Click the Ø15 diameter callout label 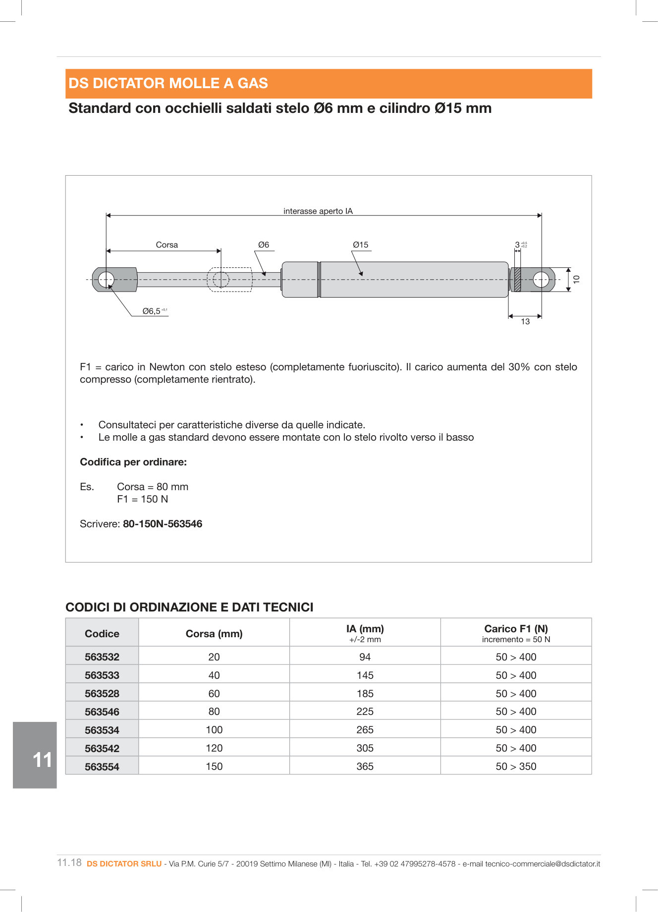[360, 245]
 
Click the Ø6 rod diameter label [264, 245]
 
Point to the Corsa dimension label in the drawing [166, 245]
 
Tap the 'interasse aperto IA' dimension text [318, 211]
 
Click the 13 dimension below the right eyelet [525, 321]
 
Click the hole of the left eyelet [106, 280]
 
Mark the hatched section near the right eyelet [517, 280]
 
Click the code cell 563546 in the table [102, 711]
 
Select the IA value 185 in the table [365, 693]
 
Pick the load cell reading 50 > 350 [516, 766]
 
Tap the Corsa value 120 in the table [214, 748]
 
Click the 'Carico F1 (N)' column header [516, 629]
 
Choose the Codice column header [102, 633]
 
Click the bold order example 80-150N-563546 [163, 524]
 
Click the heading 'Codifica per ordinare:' [133, 462]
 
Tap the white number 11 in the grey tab [42, 760]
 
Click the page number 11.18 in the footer [69, 862]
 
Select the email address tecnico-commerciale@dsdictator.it [543, 863]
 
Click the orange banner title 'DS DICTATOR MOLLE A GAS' [168, 83]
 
